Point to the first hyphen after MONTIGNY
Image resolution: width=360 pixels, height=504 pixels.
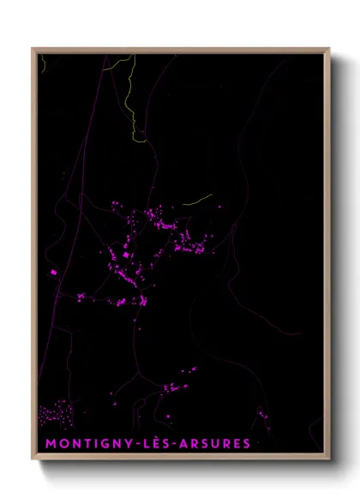coord(125,443)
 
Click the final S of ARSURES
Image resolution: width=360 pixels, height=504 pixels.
coord(247,443)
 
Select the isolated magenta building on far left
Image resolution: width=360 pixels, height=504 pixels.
coord(53,272)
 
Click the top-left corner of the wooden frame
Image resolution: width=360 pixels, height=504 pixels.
coord(33,49)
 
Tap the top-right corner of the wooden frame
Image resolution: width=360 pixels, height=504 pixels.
coord(328,49)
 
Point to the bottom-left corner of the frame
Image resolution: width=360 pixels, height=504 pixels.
coord(33,461)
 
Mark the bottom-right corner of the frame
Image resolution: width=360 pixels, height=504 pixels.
coord(328,461)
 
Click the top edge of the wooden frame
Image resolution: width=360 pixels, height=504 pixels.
coord(180,50)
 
